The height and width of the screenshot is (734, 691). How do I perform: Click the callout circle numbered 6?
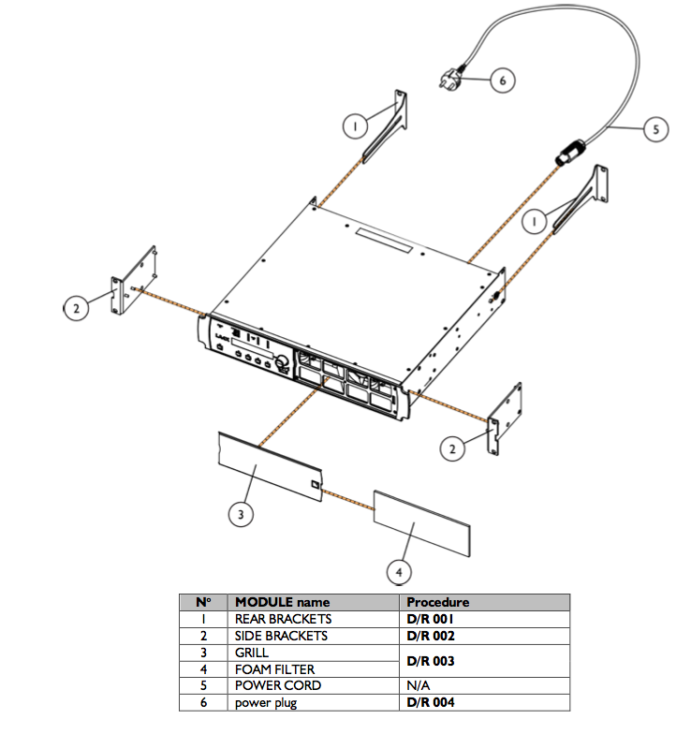coord(502,81)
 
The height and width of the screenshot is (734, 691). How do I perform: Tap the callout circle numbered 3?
coord(242,513)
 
